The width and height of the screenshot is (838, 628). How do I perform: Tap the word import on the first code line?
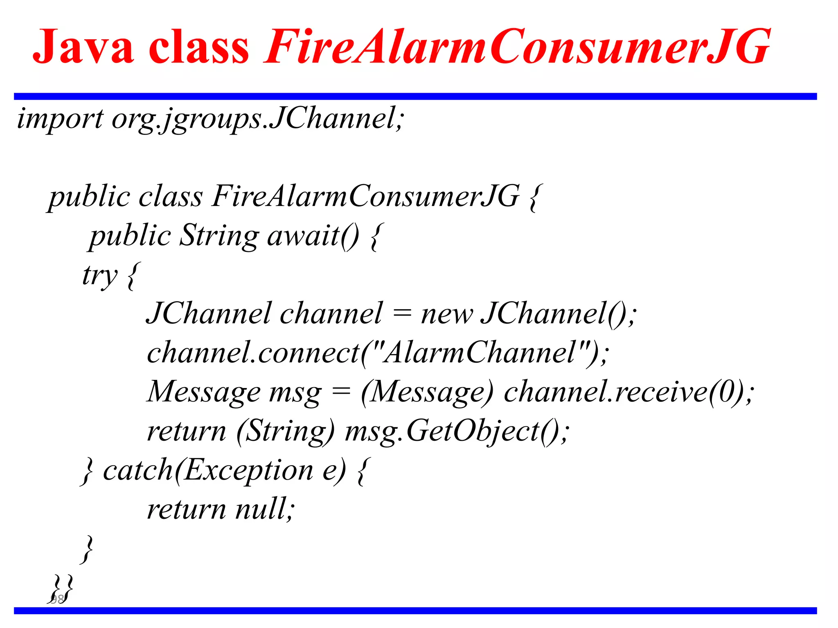tap(60, 119)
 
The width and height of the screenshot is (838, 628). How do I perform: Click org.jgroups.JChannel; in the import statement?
tap(258, 119)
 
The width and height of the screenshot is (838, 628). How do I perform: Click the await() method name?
tap(313, 236)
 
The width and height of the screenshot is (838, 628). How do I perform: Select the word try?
tap(100, 275)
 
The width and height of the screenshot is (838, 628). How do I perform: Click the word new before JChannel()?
tap(447, 314)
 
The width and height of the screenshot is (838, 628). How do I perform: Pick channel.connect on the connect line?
tap(253, 352)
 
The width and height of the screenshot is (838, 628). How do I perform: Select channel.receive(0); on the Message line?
tap(628, 392)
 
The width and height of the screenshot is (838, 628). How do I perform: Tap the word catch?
tap(138, 470)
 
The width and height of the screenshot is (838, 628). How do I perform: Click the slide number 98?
tap(57, 599)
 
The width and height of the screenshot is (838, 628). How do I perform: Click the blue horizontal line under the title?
tap(415, 96)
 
